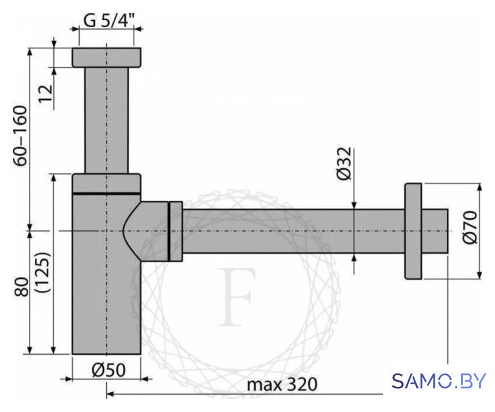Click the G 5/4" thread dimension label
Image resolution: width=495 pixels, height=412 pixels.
109,21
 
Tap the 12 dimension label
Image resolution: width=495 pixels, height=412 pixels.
46,93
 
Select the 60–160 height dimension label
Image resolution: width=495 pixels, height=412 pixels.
21,136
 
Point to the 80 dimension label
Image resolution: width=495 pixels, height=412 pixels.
21,286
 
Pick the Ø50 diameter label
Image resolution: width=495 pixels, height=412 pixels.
108,370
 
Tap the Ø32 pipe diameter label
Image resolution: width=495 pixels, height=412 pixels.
344,164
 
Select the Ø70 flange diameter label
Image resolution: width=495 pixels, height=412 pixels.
470,227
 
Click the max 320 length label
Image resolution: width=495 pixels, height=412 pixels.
282,384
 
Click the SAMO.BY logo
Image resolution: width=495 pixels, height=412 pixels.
438,380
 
